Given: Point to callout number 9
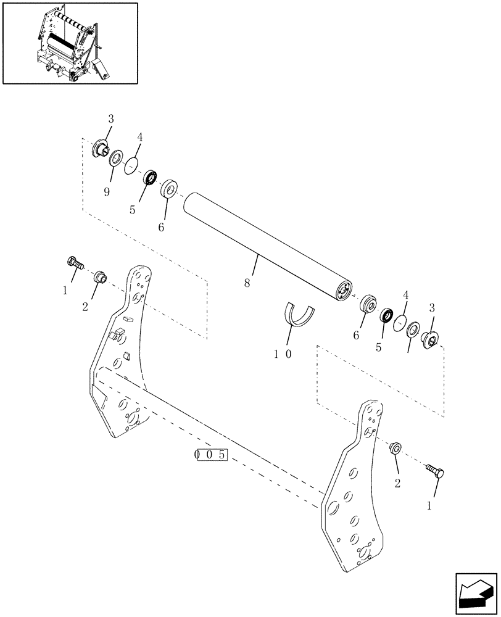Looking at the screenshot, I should tap(107, 192).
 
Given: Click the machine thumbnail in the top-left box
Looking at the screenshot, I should tap(70, 43).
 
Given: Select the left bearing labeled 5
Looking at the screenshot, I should tap(149, 178).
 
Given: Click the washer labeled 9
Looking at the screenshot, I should tap(115, 159).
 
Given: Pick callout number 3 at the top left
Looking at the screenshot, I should tap(110, 118).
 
